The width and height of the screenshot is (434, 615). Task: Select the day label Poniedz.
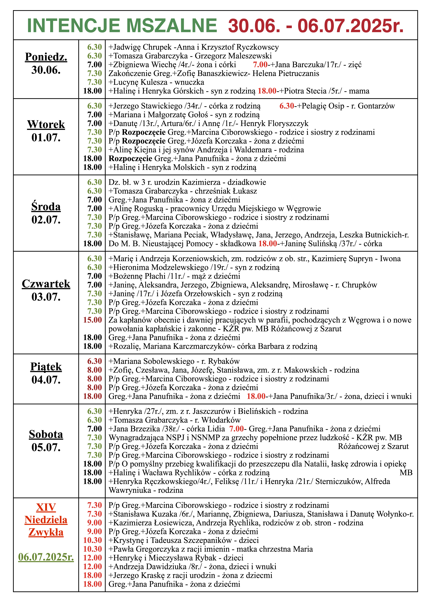[x=46, y=57]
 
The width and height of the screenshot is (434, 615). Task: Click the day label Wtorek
[x=46, y=125]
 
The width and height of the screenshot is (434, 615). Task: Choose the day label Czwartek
[x=46, y=284]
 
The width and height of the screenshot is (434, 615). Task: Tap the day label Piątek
[x=46, y=367]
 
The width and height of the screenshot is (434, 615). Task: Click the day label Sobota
[x=46, y=434]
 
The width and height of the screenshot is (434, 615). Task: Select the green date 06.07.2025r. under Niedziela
[x=46, y=557]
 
